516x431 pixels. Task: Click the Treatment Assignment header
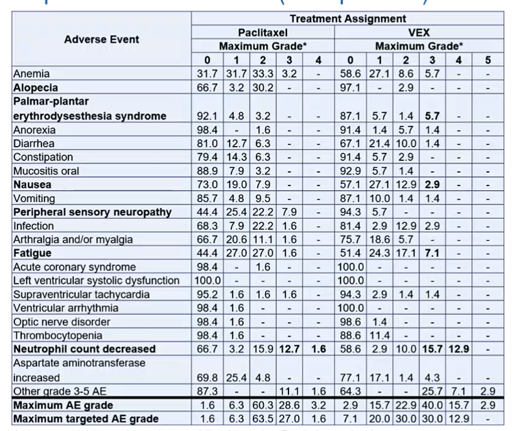point(347,19)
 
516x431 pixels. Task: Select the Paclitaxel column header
point(263,32)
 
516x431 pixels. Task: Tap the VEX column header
point(419,32)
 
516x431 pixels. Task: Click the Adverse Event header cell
point(102,40)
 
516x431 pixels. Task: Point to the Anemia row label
point(32,74)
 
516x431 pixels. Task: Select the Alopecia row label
point(36,88)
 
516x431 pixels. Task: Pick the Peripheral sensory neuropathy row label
point(92,212)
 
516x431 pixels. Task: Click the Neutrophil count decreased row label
point(84,349)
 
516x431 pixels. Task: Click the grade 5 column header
point(487,60)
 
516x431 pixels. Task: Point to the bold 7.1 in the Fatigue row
point(428,253)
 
